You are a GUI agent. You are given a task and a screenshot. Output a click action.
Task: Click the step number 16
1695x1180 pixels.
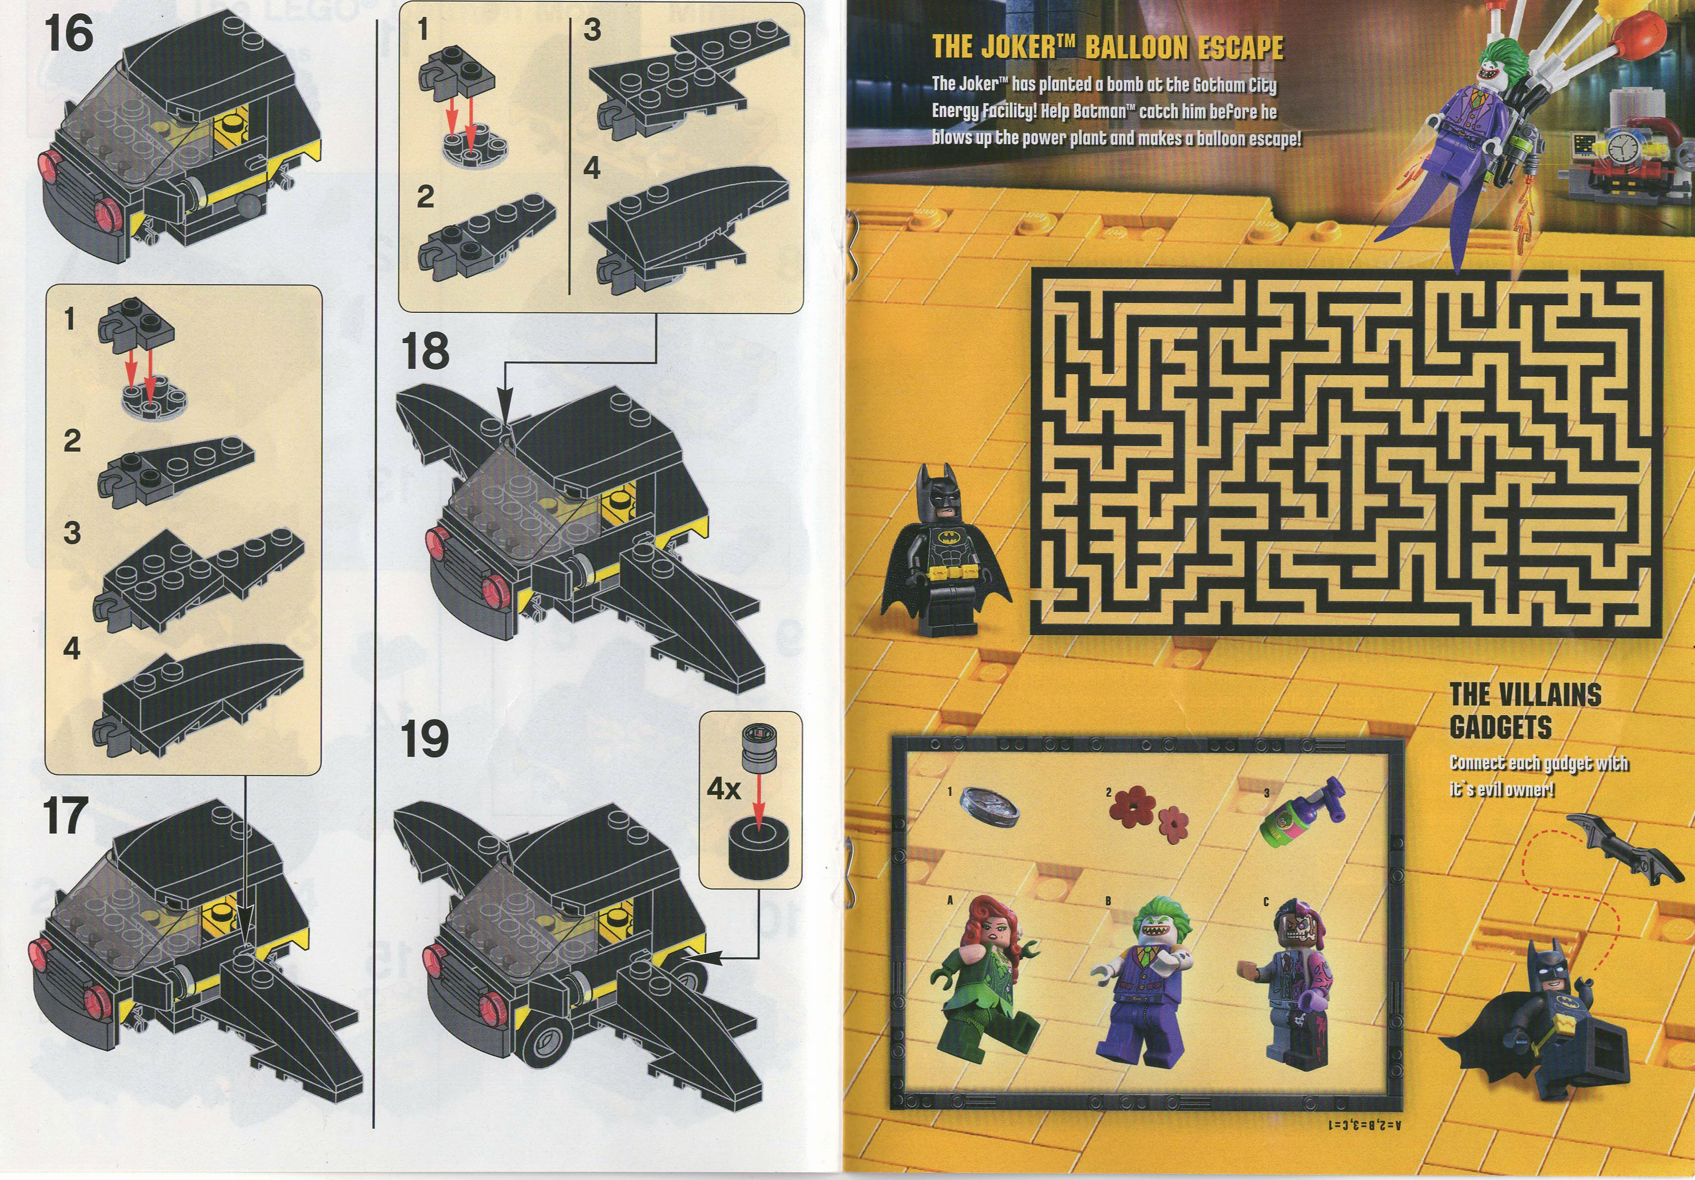69,35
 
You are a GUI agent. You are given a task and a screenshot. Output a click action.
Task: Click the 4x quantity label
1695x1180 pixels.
723,789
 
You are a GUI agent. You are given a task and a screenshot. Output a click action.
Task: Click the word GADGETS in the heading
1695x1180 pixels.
1499,727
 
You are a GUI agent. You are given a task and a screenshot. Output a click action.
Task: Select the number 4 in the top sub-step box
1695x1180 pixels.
592,169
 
